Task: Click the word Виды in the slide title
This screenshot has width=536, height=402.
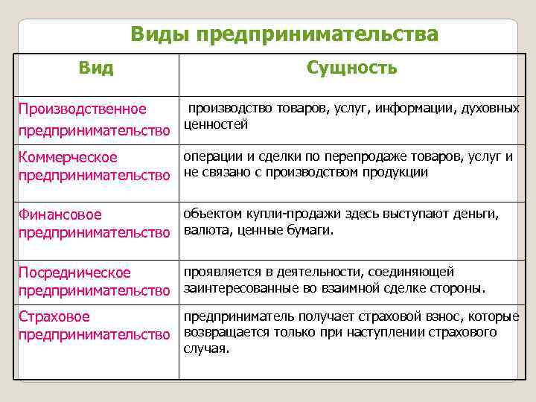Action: click(x=153, y=35)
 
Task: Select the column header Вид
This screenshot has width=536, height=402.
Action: click(x=97, y=68)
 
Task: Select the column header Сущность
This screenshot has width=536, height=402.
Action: click(x=352, y=68)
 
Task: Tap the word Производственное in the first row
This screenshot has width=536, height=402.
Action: click(x=83, y=109)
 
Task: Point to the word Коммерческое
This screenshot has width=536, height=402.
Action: click(x=68, y=157)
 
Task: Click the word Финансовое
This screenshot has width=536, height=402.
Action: click(x=60, y=215)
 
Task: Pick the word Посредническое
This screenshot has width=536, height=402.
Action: click(x=74, y=272)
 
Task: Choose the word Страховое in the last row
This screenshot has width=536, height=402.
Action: click(x=54, y=318)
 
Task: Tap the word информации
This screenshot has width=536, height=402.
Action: click(x=413, y=109)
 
